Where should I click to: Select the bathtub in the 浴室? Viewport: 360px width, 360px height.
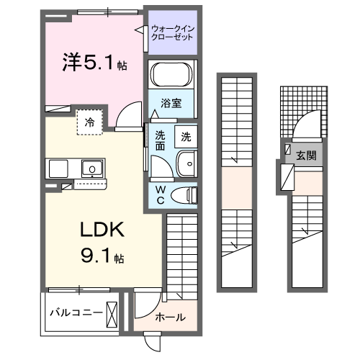click(172, 75)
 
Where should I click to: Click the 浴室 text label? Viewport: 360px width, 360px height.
click(171, 103)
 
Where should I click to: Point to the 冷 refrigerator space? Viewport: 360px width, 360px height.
click(90, 122)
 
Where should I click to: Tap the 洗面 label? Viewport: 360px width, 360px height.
click(160, 140)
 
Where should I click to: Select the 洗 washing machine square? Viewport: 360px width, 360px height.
click(186, 135)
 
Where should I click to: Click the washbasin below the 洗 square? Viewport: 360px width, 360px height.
click(186, 164)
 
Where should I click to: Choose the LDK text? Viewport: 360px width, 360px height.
click(102, 230)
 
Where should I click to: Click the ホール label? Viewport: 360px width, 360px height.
click(170, 317)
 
